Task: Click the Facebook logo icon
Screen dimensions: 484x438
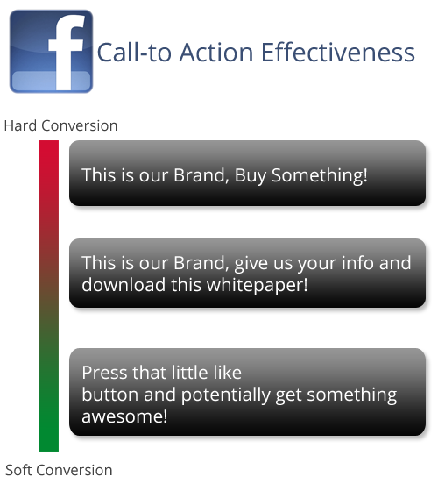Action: point(51,51)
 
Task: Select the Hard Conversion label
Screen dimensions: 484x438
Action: point(60,125)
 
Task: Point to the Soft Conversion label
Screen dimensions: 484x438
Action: point(59,470)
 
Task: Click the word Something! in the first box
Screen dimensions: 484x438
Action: point(320,175)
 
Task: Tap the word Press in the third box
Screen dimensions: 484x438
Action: point(103,373)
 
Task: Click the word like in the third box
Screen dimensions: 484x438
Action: point(226,373)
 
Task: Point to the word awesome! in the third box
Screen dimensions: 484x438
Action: point(124,416)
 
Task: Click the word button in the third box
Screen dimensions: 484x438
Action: point(109,395)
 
